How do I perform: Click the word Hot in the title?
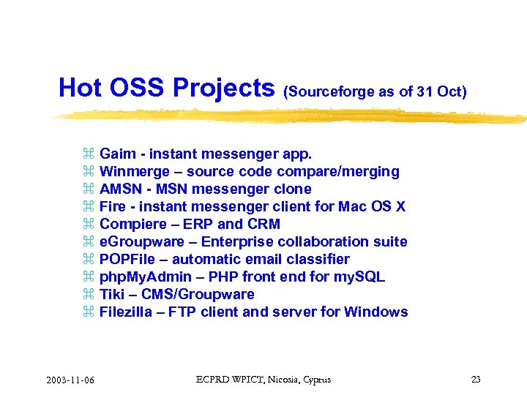80,88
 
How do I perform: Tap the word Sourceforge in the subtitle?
332,91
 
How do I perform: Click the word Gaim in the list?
118,154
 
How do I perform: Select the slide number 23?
476,380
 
